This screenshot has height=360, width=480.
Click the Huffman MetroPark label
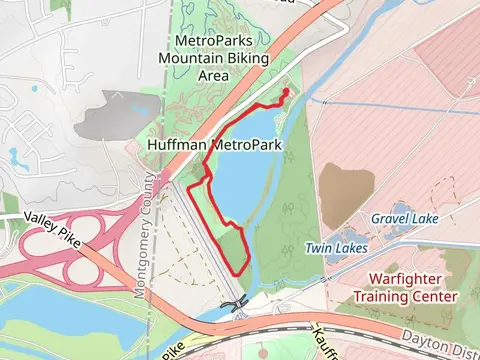tap(213, 145)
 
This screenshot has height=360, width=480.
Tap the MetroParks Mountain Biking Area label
tap(213, 57)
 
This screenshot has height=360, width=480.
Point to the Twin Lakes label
tap(336, 247)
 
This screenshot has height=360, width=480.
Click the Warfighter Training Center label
tap(405, 287)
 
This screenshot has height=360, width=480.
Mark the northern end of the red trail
tap(287, 91)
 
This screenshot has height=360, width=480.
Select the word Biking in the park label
tap(238, 57)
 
